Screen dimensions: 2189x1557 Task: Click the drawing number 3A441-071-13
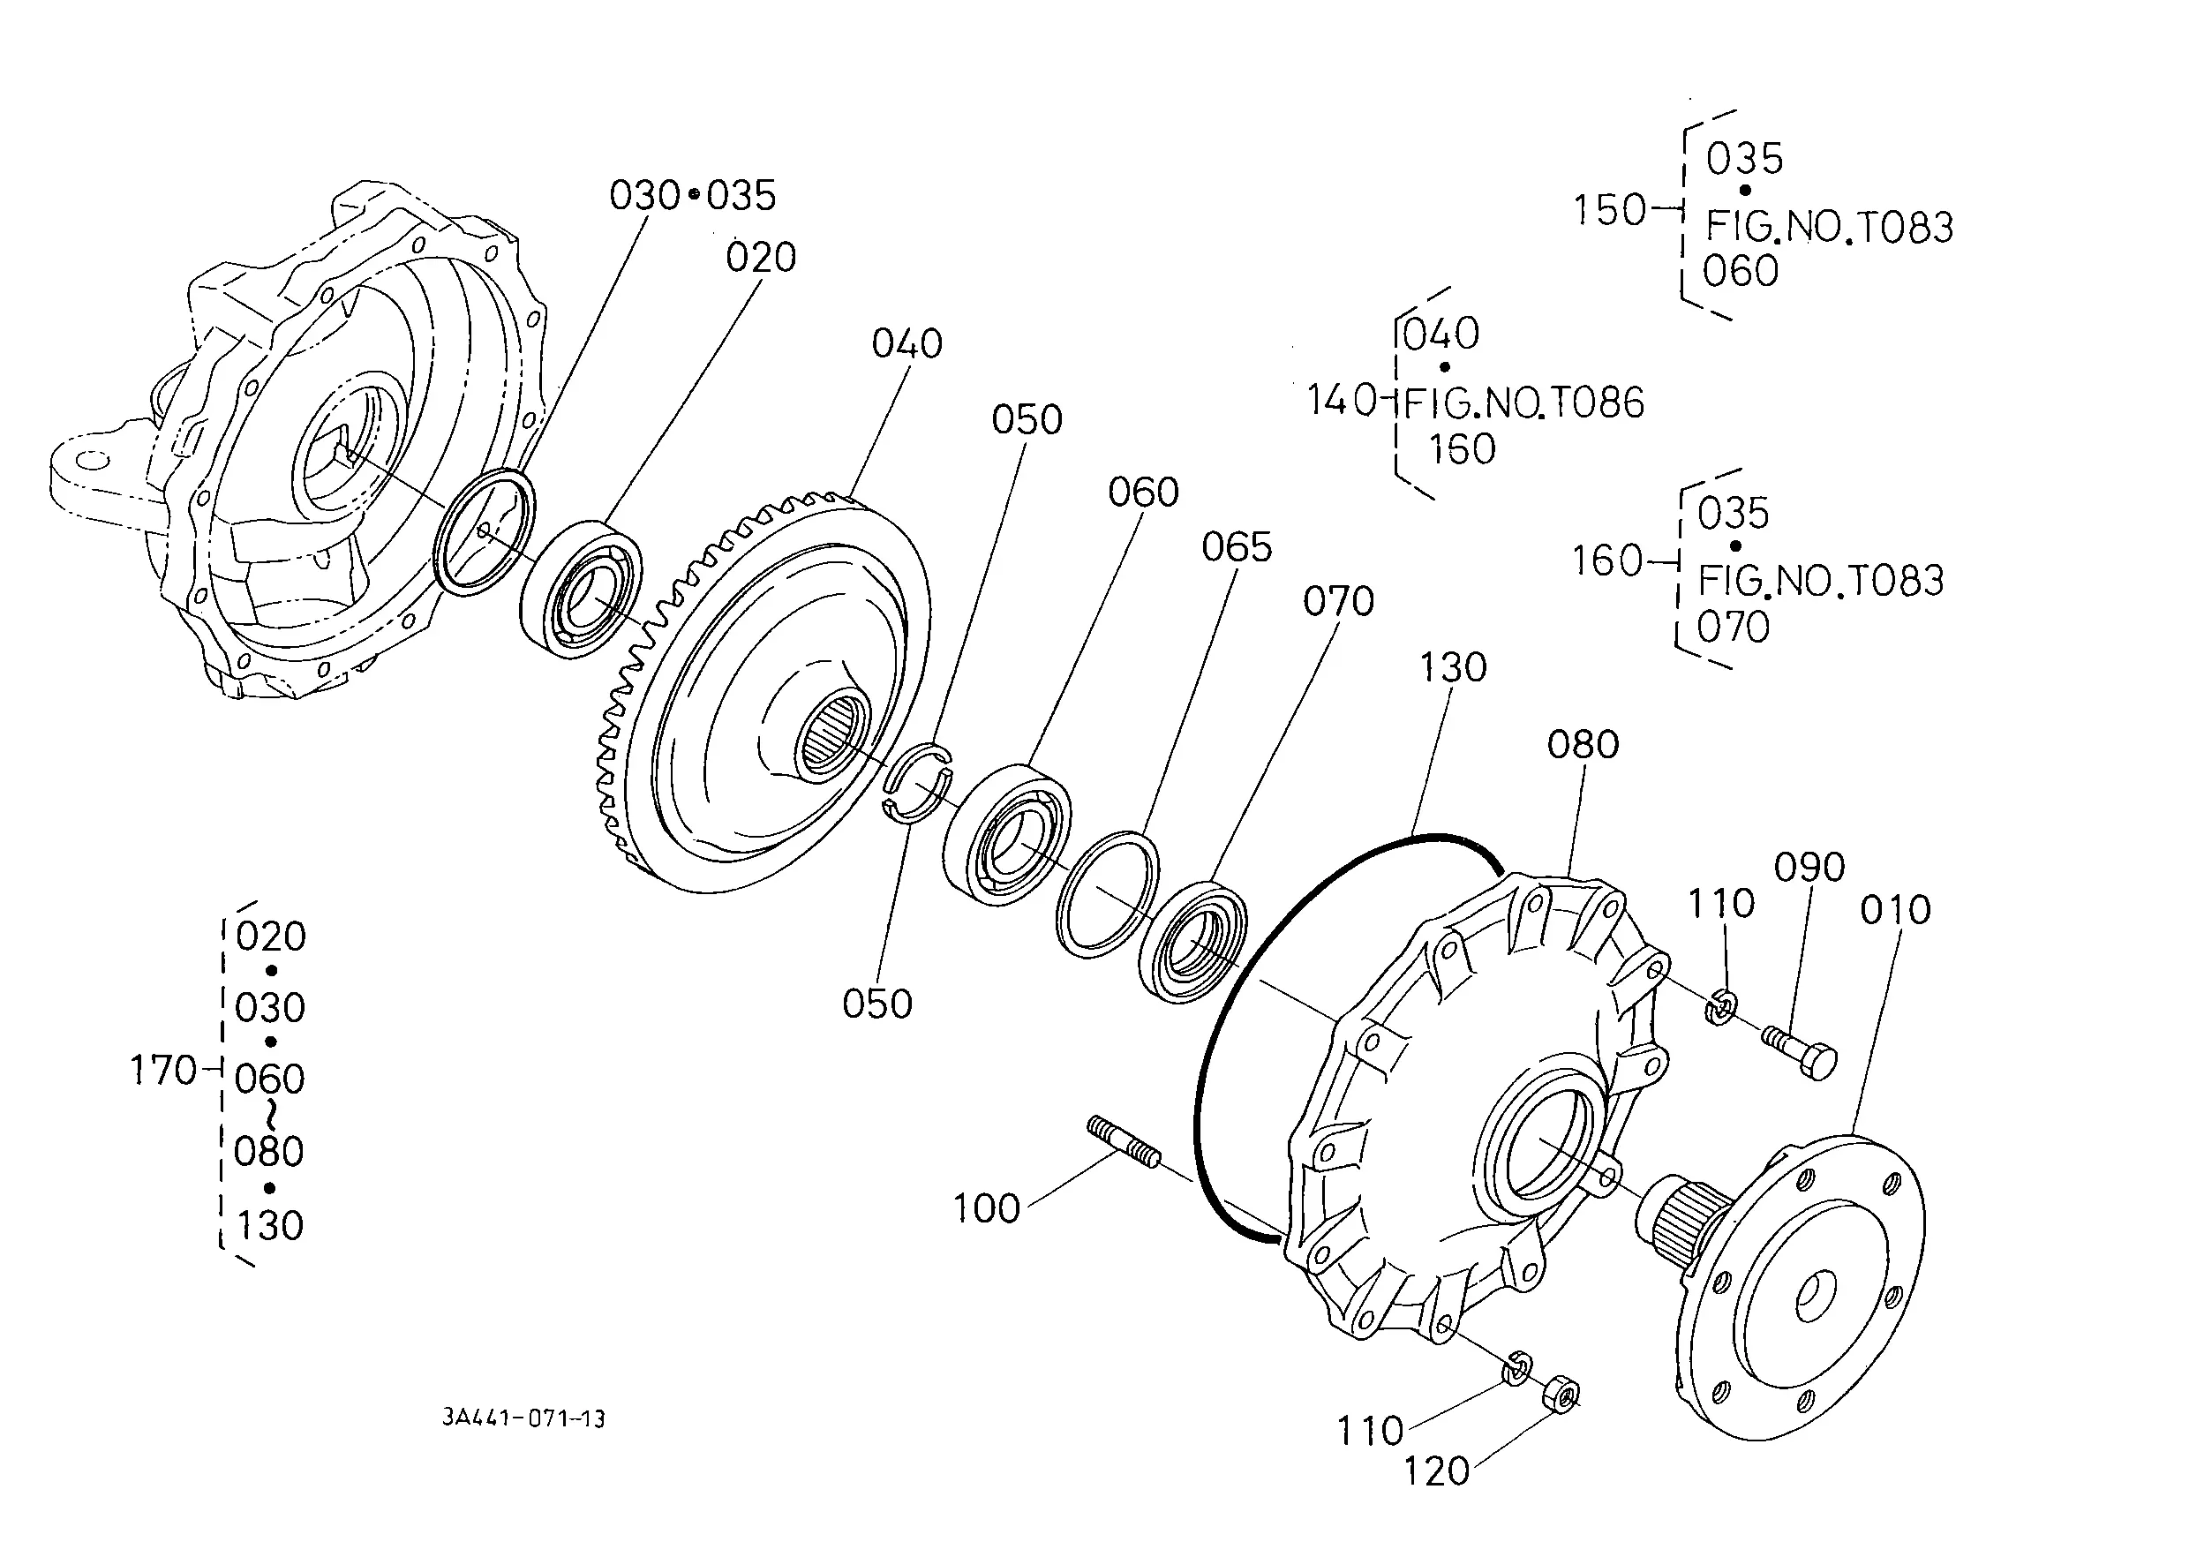(x=523, y=1418)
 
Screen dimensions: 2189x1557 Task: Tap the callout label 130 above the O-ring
(x=1453, y=667)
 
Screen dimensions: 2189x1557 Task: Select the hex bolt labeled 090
(x=1800, y=1053)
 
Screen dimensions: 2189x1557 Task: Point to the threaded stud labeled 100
(x=1124, y=1142)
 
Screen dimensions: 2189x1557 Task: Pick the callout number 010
(x=1896, y=910)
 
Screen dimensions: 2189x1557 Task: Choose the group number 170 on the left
(x=163, y=1070)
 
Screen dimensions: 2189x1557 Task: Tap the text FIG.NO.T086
(x=1523, y=402)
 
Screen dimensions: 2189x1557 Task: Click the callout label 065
(x=1237, y=547)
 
